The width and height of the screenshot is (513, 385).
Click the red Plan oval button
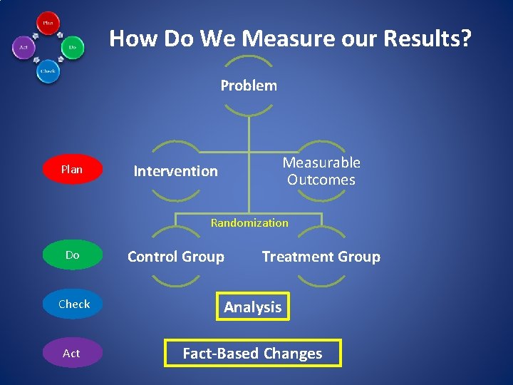pyautogui.click(x=72, y=170)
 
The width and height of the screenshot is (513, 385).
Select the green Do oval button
pyautogui.click(x=72, y=255)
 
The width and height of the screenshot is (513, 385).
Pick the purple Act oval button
pyautogui.click(x=72, y=354)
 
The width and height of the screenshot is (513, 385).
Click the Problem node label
pyautogui.click(x=249, y=86)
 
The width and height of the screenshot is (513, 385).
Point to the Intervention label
pyautogui.click(x=176, y=171)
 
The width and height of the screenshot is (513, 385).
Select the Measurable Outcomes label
pyautogui.click(x=321, y=171)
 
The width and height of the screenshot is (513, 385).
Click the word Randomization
pyautogui.click(x=249, y=223)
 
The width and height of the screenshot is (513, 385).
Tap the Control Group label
pyautogui.click(x=176, y=257)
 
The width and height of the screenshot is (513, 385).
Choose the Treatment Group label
pyautogui.click(x=321, y=257)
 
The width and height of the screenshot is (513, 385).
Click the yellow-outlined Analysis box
pyautogui.click(x=253, y=307)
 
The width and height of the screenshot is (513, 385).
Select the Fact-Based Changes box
pyautogui.click(x=253, y=353)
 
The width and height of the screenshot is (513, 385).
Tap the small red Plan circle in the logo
pyautogui.click(x=48, y=23)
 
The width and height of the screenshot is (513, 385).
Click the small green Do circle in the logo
pyautogui.click(x=73, y=48)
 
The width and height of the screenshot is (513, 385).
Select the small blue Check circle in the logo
pyautogui.click(x=48, y=72)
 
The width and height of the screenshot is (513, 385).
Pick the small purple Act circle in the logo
pyautogui.click(x=24, y=48)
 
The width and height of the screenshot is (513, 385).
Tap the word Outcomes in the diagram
pyautogui.click(x=321, y=180)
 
